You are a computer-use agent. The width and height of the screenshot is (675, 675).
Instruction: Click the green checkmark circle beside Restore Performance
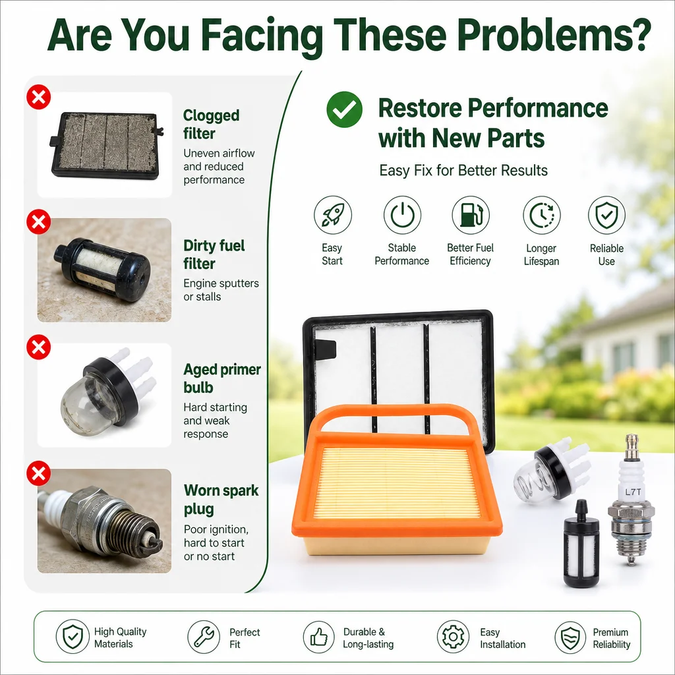tap(344, 109)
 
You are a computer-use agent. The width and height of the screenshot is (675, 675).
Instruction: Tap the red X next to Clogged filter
tap(39, 97)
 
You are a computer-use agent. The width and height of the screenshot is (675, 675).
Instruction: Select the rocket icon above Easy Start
tap(333, 215)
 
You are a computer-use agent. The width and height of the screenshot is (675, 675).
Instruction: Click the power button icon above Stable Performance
tap(402, 215)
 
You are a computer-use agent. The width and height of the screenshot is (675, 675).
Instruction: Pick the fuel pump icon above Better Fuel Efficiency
tap(471, 215)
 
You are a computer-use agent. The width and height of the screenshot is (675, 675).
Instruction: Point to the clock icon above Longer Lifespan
tap(542, 216)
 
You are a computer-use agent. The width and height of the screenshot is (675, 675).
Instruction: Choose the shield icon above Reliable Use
tap(606, 216)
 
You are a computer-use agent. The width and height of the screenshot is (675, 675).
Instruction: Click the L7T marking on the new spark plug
tap(633, 492)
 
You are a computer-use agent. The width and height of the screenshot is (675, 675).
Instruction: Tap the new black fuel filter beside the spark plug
tap(581, 544)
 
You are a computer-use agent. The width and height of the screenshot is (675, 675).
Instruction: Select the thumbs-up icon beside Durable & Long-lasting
tap(318, 637)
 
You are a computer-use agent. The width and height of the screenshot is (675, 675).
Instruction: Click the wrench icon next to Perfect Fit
tap(204, 637)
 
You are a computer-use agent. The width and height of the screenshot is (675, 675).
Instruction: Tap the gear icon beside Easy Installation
tap(453, 637)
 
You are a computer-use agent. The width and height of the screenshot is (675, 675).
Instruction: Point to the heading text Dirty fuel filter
tap(214, 254)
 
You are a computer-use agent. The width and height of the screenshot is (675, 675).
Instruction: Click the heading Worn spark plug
tap(221, 500)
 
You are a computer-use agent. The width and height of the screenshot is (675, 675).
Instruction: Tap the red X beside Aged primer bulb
tap(39, 347)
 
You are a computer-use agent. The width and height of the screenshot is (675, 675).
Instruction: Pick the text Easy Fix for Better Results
tap(463, 171)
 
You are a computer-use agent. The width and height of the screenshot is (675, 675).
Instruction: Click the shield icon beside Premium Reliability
tap(570, 637)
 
